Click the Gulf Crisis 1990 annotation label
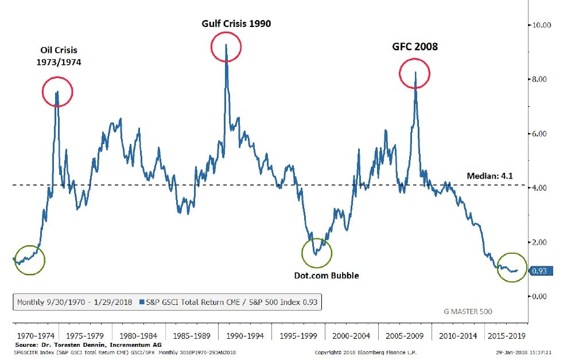pos(236,24)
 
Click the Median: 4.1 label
pos(492,176)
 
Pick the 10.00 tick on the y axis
pos(542,25)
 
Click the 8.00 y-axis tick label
pos(540,79)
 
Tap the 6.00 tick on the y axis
pos(540,134)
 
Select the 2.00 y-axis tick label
pos(540,242)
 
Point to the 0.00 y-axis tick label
pos(540,296)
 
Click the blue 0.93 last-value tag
pos(540,271)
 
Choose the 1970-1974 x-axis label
pos(36,335)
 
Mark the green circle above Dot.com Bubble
pos(317,253)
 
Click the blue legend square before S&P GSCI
pos(141,301)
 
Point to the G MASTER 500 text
pos(468,312)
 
